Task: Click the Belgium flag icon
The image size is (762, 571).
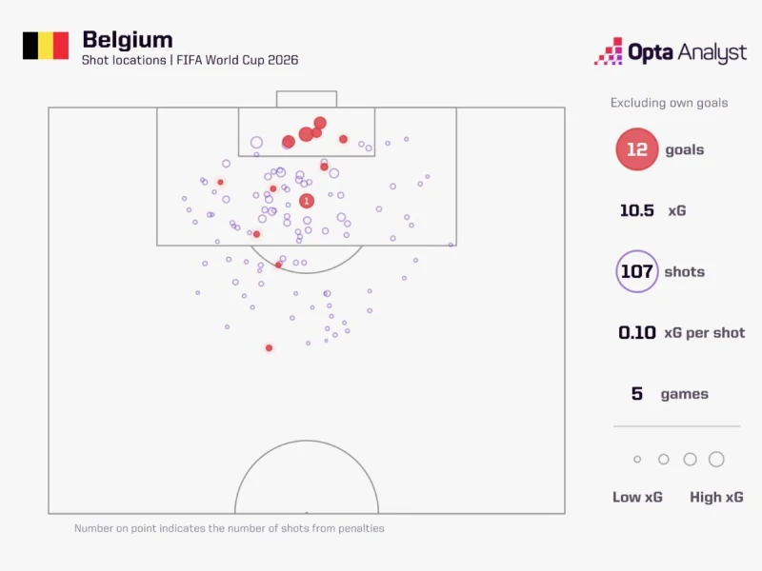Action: (x=46, y=46)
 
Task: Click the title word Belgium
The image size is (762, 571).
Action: (x=128, y=40)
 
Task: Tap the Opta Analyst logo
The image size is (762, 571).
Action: (x=671, y=51)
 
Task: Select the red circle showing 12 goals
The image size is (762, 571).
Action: (x=636, y=149)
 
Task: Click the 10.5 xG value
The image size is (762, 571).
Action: (x=636, y=210)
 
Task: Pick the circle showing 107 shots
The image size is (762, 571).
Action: (x=636, y=271)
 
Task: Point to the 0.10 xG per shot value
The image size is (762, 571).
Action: (x=636, y=332)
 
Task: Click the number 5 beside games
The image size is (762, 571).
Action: (x=636, y=393)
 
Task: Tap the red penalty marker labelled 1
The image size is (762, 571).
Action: (x=306, y=201)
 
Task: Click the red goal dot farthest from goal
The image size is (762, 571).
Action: (x=269, y=347)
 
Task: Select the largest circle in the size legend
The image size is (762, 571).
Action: (x=716, y=459)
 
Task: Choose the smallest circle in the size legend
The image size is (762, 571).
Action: (x=637, y=459)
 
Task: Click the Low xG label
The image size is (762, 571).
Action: (x=637, y=497)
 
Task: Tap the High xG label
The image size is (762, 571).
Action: (x=716, y=497)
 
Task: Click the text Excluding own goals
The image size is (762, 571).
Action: (x=670, y=103)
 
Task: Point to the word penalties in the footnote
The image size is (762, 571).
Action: (x=361, y=528)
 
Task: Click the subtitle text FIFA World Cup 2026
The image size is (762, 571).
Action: (x=237, y=60)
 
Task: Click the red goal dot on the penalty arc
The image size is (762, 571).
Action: (x=278, y=265)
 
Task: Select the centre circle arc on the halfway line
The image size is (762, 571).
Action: (x=307, y=441)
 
